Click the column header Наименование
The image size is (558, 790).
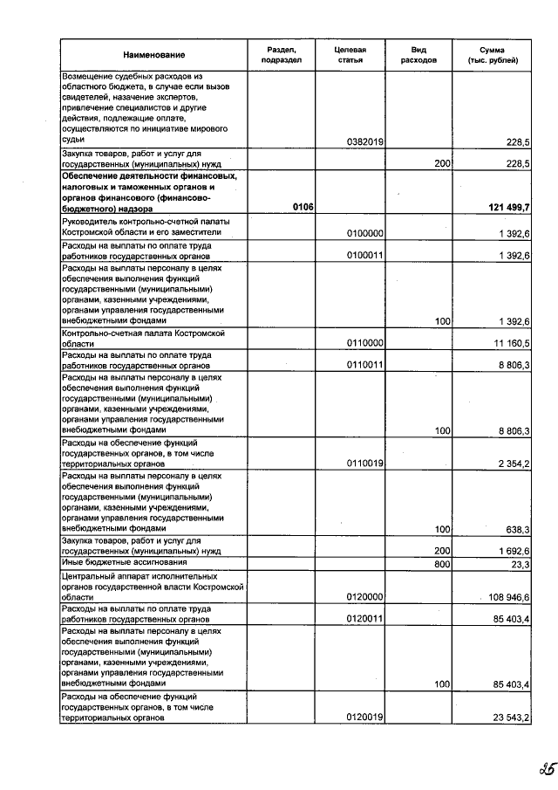[153, 55]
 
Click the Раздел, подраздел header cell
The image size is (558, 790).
[282, 55]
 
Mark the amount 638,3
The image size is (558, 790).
[518, 530]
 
